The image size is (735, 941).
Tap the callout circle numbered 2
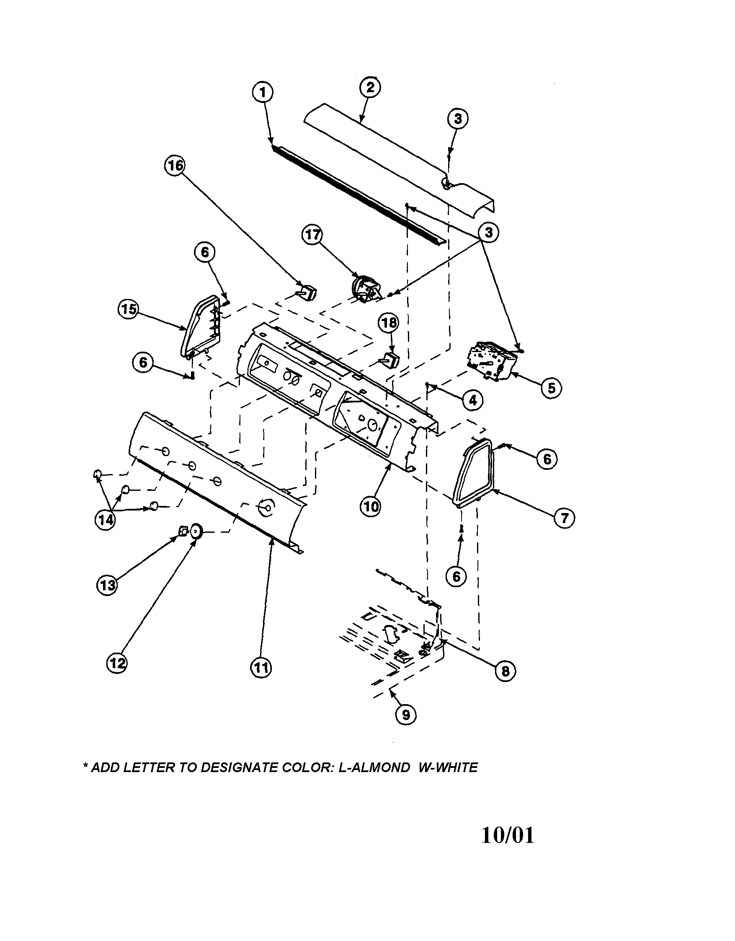[370, 88]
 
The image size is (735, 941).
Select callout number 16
[175, 166]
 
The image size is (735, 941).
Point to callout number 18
[388, 323]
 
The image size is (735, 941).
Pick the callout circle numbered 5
[551, 388]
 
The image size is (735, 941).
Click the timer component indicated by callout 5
[491, 360]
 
